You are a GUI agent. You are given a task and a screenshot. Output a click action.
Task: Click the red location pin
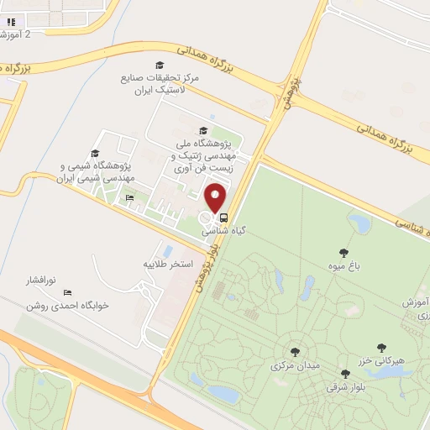tap(217, 197)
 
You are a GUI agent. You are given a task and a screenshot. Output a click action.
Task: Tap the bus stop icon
tap(223, 216)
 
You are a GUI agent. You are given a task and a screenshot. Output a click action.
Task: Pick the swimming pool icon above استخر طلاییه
tap(168, 250)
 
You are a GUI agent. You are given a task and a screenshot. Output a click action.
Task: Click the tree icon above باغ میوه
tap(343, 253)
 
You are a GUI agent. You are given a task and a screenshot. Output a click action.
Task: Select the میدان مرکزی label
tap(291, 366)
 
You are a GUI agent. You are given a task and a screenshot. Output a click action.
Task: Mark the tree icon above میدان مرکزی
tap(295, 353)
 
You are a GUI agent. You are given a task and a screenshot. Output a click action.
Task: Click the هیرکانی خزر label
tap(383, 359)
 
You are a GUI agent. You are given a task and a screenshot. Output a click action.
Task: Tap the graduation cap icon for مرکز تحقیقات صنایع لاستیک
tap(159, 66)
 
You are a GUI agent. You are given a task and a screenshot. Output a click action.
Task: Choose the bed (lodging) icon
tap(130, 198)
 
